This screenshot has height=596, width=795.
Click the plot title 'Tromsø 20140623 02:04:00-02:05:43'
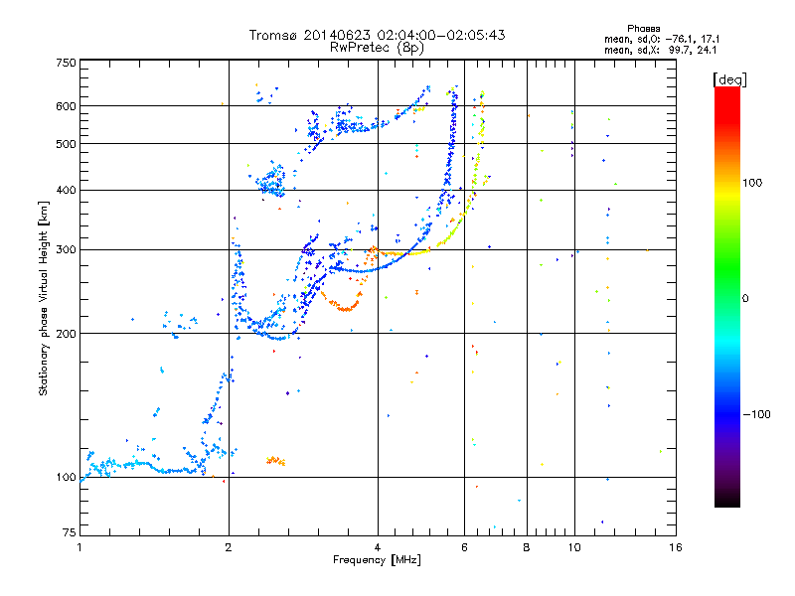pyautogui.click(x=377, y=35)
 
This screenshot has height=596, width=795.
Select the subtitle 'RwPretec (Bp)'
pyautogui.click(x=377, y=47)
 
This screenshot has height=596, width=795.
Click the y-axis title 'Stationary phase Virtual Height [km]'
pyautogui.click(x=44, y=298)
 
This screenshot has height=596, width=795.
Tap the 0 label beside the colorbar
pyautogui.click(x=752, y=298)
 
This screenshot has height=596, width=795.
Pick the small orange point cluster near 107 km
pyautogui.click(x=276, y=461)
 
